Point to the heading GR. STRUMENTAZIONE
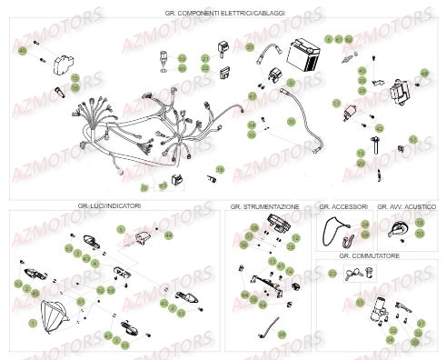[x=265, y=206]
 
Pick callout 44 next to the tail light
[x=168, y=235]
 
